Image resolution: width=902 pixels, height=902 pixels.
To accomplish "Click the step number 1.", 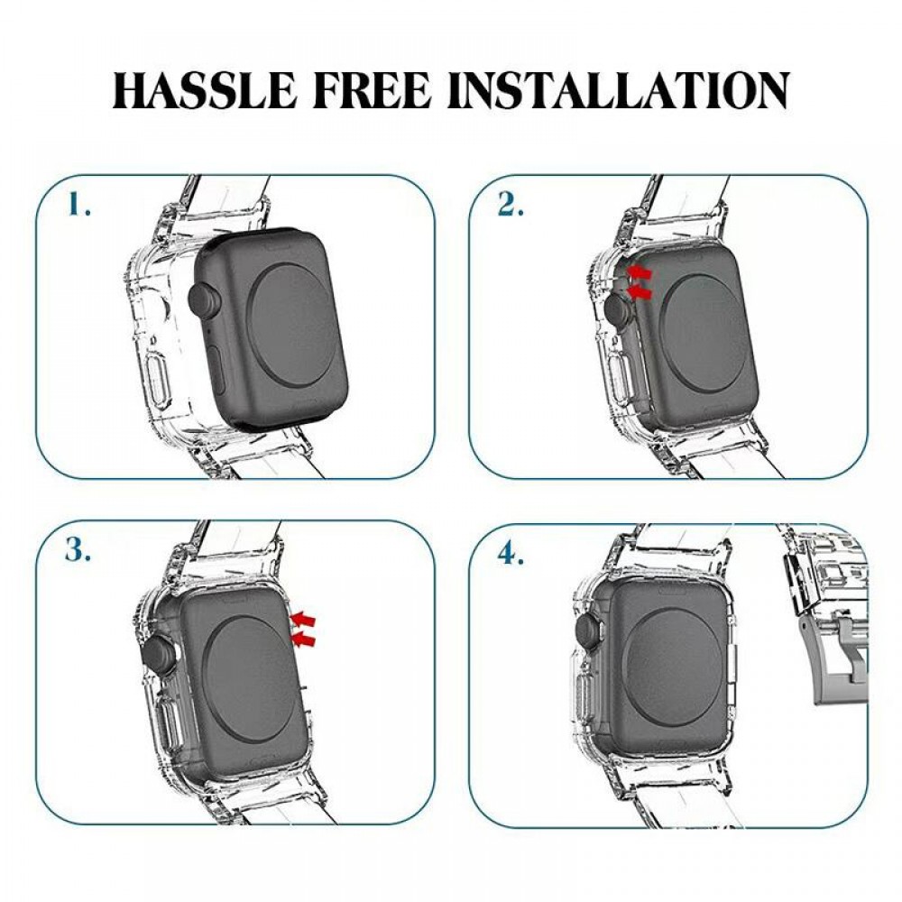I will pyautogui.click(x=79, y=207).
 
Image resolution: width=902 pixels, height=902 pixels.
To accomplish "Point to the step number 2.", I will pyautogui.click(x=511, y=207).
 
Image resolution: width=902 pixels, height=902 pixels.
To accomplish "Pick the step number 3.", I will pyautogui.click(x=78, y=552).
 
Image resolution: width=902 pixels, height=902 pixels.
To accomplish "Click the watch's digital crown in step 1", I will pyautogui.click(x=204, y=301).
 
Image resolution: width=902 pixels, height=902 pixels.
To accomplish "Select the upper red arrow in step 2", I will pyautogui.click(x=640, y=271).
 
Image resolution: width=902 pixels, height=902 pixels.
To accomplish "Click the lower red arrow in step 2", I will pyautogui.click(x=639, y=292).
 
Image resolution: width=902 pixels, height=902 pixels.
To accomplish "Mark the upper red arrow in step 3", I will pyautogui.click(x=303, y=618).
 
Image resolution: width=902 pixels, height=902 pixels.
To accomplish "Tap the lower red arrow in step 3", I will pyautogui.click(x=303, y=639).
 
